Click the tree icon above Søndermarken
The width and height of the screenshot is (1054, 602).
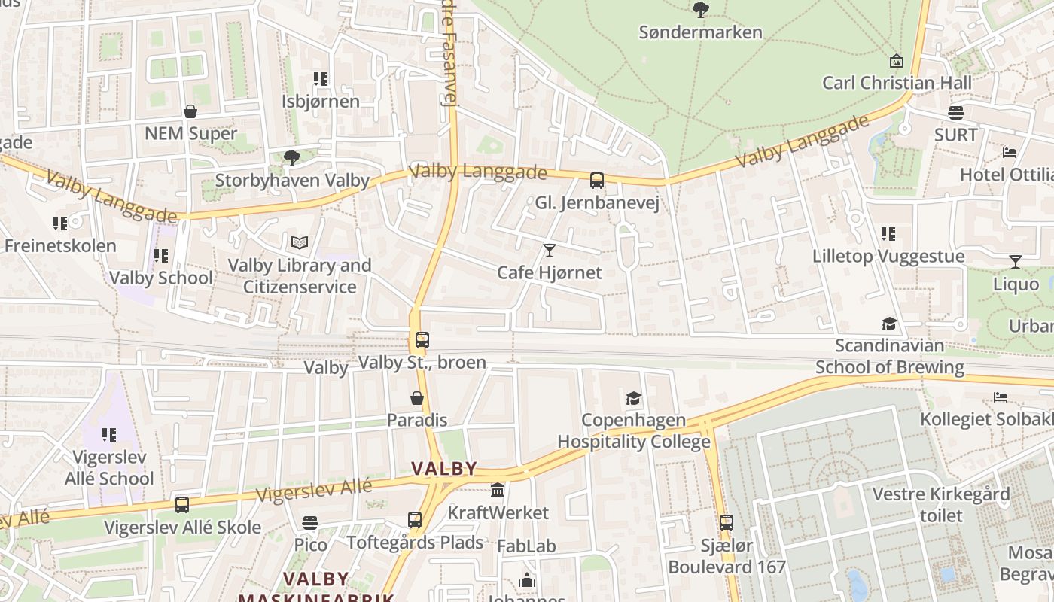coord(700,10)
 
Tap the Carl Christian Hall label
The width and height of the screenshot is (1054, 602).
coord(897,83)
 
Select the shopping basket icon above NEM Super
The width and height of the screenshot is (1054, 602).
coord(190,112)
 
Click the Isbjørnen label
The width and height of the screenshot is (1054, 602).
coord(321,101)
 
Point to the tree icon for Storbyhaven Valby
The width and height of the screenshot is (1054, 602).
coord(291,158)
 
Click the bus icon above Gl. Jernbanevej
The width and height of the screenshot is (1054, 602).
coord(596,181)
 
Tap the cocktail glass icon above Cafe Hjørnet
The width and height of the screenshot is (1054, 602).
coord(550,250)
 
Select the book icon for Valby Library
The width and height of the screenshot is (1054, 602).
coord(300,242)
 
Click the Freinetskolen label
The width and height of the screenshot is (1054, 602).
coord(60,245)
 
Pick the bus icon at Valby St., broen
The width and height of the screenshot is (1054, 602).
coord(422,340)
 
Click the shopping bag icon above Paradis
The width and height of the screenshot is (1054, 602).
coord(417,398)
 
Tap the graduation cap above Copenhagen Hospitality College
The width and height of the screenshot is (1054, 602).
coord(633,398)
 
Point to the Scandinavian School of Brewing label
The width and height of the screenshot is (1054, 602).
coord(890,357)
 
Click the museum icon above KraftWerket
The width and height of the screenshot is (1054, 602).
coord(498,491)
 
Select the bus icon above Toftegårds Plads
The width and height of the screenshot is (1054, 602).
coord(415,520)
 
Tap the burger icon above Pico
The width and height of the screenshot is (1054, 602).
coord(310,522)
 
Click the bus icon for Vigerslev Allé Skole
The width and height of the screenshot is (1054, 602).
coord(182,505)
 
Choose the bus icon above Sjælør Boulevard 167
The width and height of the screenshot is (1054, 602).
coord(726,523)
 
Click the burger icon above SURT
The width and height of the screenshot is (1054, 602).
coord(956,113)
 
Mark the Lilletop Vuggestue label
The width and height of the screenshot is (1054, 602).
coord(888,257)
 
